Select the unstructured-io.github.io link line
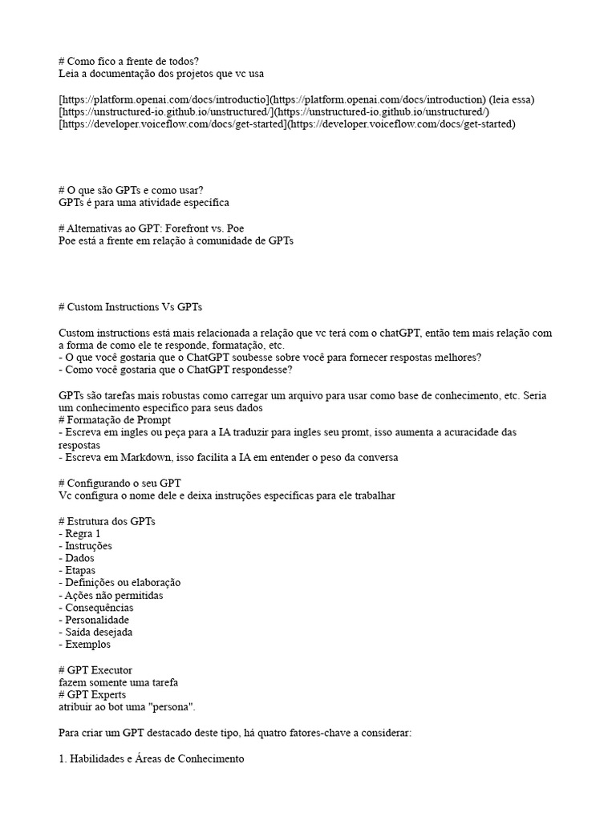coord(274,111)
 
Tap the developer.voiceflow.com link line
coord(286,124)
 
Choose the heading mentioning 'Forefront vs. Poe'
coord(151,228)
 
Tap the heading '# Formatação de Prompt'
coord(125,420)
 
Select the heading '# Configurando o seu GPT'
coord(132,483)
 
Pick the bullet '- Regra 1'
coord(80,533)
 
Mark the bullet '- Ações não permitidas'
coord(111,596)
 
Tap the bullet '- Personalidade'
coord(94,620)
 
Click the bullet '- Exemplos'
coord(85,644)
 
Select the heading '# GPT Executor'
coord(95,669)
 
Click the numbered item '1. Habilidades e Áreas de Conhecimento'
coord(150,758)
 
